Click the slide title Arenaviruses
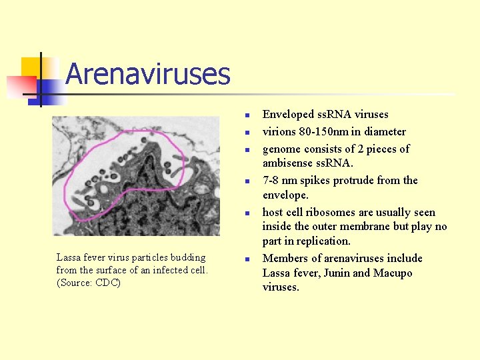147,74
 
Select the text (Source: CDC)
89,283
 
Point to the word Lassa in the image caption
69,257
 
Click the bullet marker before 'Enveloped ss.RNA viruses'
246,116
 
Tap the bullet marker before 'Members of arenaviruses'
246,259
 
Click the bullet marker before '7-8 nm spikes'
246,181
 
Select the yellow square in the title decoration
31,66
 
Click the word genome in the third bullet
281,149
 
